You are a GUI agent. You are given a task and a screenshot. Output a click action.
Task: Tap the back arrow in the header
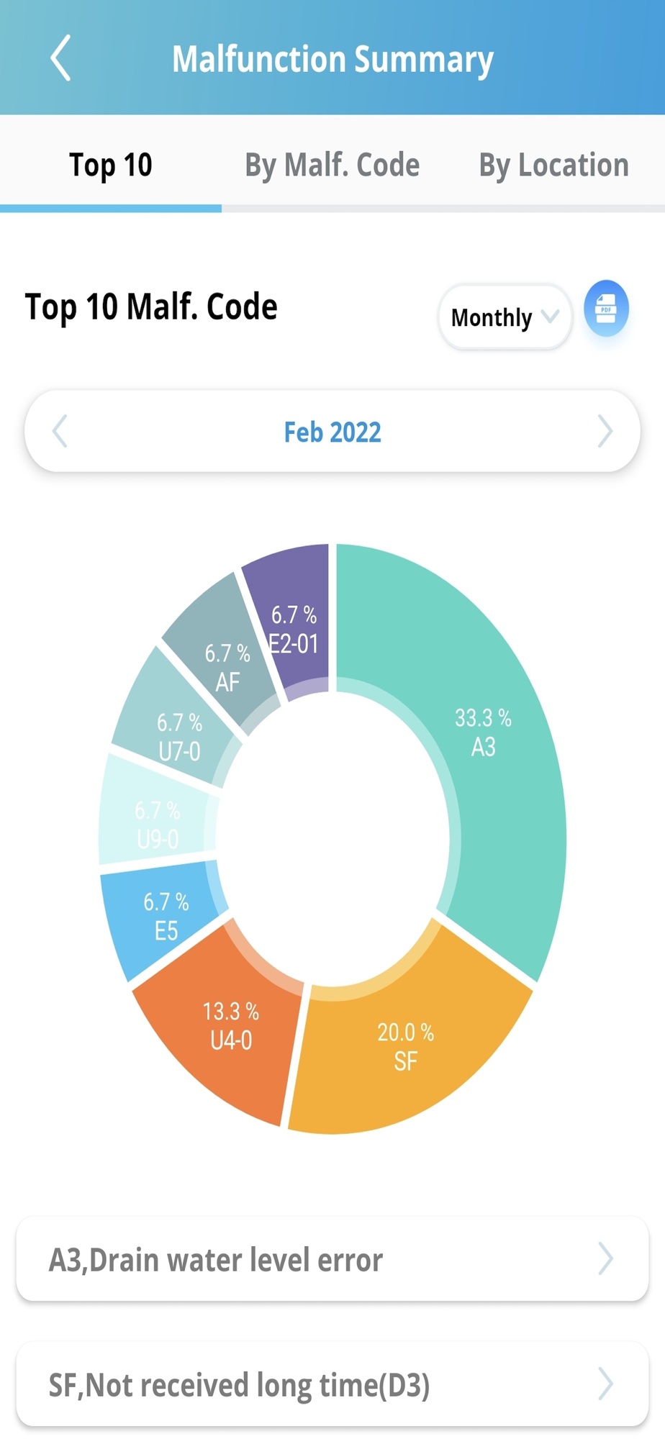pyautogui.click(x=61, y=58)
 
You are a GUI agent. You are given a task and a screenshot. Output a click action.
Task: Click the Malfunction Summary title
pyautogui.click(x=332, y=59)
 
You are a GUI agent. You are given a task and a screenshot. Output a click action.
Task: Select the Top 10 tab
pyautogui.click(x=111, y=165)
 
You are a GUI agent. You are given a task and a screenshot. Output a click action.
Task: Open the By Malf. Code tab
pyautogui.click(x=332, y=165)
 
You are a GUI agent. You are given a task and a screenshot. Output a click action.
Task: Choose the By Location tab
pyautogui.click(x=553, y=165)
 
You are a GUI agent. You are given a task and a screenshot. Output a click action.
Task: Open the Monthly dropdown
pyautogui.click(x=505, y=317)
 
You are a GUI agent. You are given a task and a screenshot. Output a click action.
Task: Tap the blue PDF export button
pyautogui.click(x=606, y=309)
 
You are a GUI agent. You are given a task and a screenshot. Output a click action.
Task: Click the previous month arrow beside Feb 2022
pyautogui.click(x=60, y=432)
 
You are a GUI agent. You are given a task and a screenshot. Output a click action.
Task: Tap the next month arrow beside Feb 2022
pyautogui.click(x=605, y=432)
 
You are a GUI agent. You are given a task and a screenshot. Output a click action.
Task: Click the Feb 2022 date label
pyautogui.click(x=332, y=432)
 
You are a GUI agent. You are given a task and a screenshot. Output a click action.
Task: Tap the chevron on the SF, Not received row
pyautogui.click(x=605, y=1384)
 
